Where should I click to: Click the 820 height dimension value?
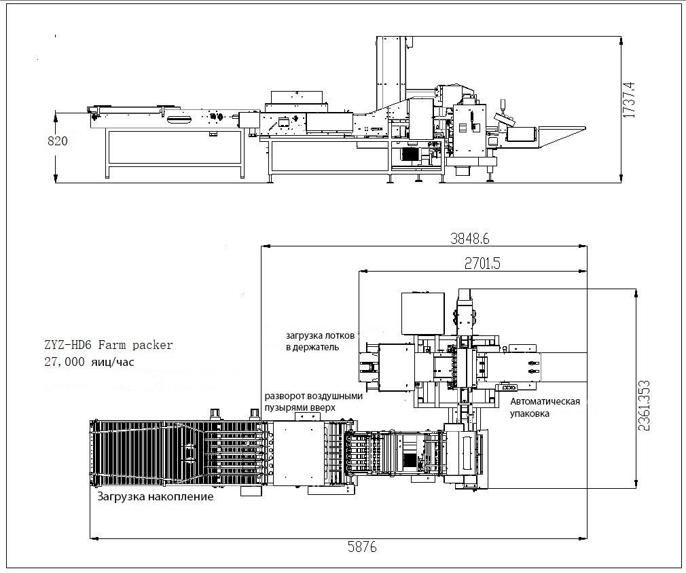click(x=58, y=141)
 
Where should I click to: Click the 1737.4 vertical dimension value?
click(x=628, y=99)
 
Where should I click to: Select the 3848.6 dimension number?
click(x=470, y=238)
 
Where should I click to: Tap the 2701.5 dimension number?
click(x=482, y=263)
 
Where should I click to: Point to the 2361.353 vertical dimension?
click(x=644, y=405)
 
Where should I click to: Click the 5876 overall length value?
click(x=362, y=547)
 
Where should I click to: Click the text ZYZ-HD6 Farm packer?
click(x=109, y=345)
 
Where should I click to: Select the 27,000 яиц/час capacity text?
click(x=89, y=362)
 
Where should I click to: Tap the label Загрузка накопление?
click(x=156, y=496)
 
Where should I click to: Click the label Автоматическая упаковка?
click(x=545, y=407)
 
